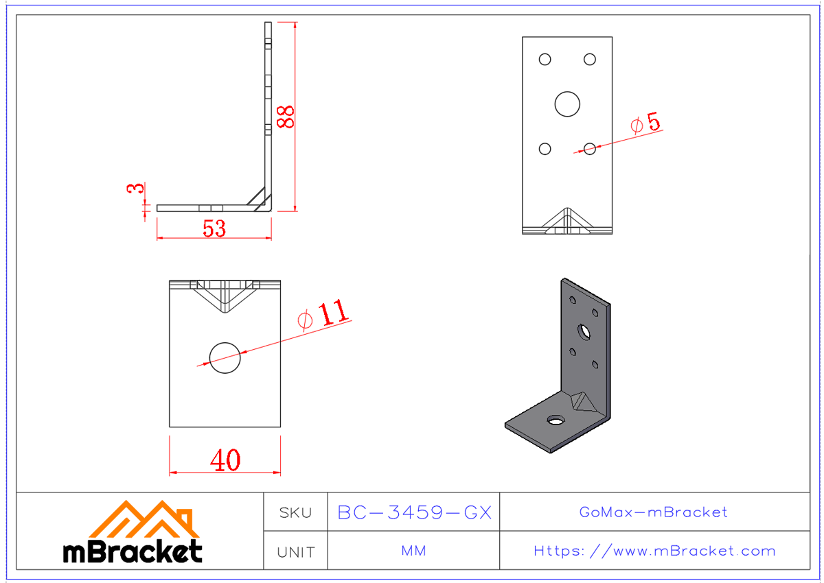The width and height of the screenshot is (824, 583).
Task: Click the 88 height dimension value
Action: click(285, 117)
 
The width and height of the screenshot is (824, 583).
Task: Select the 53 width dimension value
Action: click(214, 228)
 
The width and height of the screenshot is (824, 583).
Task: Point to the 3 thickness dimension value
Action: click(136, 188)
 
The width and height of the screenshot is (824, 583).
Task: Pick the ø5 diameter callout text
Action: click(645, 123)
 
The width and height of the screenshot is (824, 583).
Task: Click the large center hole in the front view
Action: click(567, 104)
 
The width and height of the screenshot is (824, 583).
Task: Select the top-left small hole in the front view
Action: click(545, 60)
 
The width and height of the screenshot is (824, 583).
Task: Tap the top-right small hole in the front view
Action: click(590, 60)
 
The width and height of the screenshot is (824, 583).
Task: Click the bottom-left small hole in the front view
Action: click(545, 149)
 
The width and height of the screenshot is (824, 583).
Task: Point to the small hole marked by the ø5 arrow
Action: click(590, 148)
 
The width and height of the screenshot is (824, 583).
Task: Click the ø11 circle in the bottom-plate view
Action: click(225, 357)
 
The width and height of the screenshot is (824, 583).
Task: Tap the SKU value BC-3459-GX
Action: click(414, 512)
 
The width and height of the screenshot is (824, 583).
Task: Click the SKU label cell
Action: click(296, 512)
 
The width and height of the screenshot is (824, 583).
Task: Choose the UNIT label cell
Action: click(296, 551)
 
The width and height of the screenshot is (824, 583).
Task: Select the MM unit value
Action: click(414, 551)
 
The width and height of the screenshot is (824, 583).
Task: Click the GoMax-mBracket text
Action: click(654, 512)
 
